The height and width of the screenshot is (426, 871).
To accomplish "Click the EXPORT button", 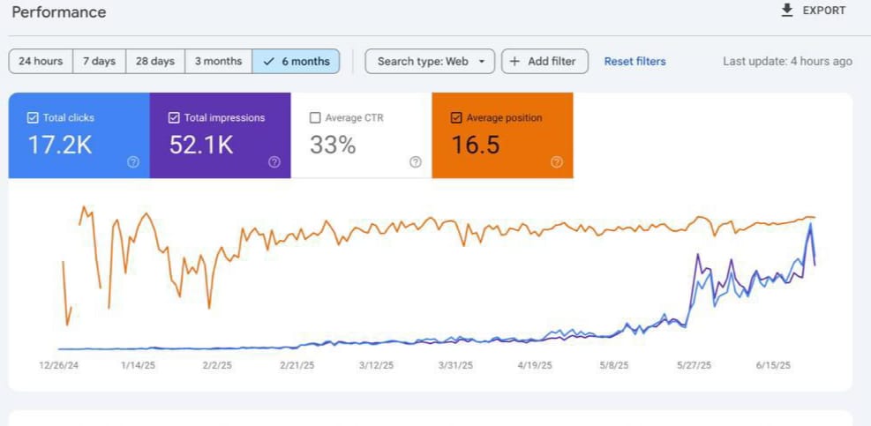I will point(813,11).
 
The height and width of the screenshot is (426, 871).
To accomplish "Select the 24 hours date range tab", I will point(41,61).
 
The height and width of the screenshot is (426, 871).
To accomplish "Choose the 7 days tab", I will point(99,61).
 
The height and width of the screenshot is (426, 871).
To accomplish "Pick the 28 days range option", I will point(154,61).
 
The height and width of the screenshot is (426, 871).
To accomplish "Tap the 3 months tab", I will point(218,61).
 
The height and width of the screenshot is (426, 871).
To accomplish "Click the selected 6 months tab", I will point(297,61).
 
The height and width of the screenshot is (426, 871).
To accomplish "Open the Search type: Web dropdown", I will point(430,61).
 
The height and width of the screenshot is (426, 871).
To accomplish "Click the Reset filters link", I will point(634,61).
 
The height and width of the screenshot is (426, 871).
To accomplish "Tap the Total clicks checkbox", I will point(33,117).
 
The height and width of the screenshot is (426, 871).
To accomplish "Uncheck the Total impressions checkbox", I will point(174,117).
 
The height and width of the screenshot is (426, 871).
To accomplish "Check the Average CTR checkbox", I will point(315,117).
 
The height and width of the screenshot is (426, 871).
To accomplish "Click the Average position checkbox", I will point(456,117).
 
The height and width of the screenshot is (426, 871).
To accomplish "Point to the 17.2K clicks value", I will point(60,146).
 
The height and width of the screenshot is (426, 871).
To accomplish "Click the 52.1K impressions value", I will point(201,146).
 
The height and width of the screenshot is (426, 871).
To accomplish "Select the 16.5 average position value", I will point(476,146).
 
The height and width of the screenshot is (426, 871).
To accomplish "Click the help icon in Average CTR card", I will point(415,161).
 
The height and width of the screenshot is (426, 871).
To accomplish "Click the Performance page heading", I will point(59,12).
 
